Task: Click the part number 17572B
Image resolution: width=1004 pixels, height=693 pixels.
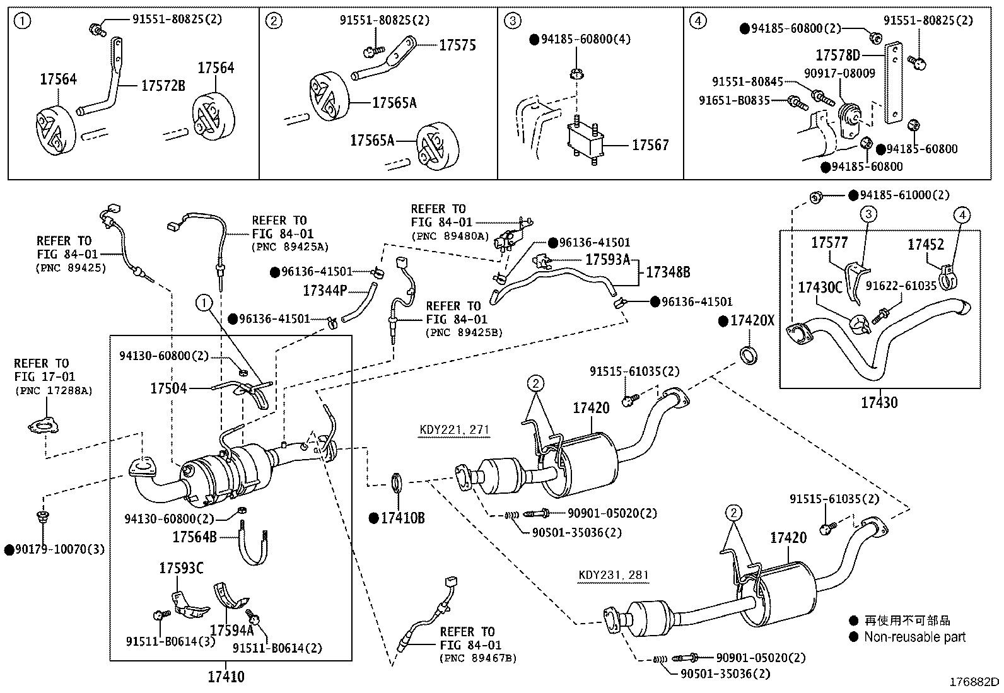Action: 163,86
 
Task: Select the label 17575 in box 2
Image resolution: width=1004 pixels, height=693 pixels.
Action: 457,45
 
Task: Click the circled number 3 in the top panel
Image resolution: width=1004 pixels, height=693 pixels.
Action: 513,21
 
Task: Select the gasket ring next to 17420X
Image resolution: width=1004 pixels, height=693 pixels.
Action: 748,355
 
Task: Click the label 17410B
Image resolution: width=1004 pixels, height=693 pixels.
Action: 402,518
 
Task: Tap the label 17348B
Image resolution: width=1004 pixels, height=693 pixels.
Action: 667,272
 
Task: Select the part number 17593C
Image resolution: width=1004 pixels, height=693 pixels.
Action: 181,569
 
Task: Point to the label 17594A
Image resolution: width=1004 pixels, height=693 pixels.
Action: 231,630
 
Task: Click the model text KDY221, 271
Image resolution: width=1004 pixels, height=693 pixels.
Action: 454,431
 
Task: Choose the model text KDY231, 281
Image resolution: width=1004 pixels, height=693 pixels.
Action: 613,575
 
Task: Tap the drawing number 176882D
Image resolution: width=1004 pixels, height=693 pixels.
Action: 974,682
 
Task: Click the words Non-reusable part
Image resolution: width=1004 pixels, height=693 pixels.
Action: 914,637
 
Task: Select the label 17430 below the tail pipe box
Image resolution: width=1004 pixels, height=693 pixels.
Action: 879,402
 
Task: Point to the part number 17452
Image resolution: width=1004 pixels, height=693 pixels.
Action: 926,245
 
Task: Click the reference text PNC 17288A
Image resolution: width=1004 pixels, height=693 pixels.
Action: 54,391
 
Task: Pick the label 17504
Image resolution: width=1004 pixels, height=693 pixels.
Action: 168,388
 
